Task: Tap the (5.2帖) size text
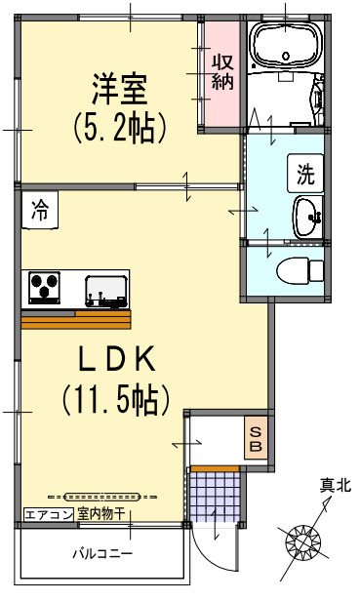pos(118,128)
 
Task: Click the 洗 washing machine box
pos(305,176)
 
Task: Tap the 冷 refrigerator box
pos(40,208)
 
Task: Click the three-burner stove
pos(44,289)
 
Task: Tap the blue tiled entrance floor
pos(214,495)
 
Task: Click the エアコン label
pos(43,514)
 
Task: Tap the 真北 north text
pos(335,484)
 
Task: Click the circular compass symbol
pos(301,541)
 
